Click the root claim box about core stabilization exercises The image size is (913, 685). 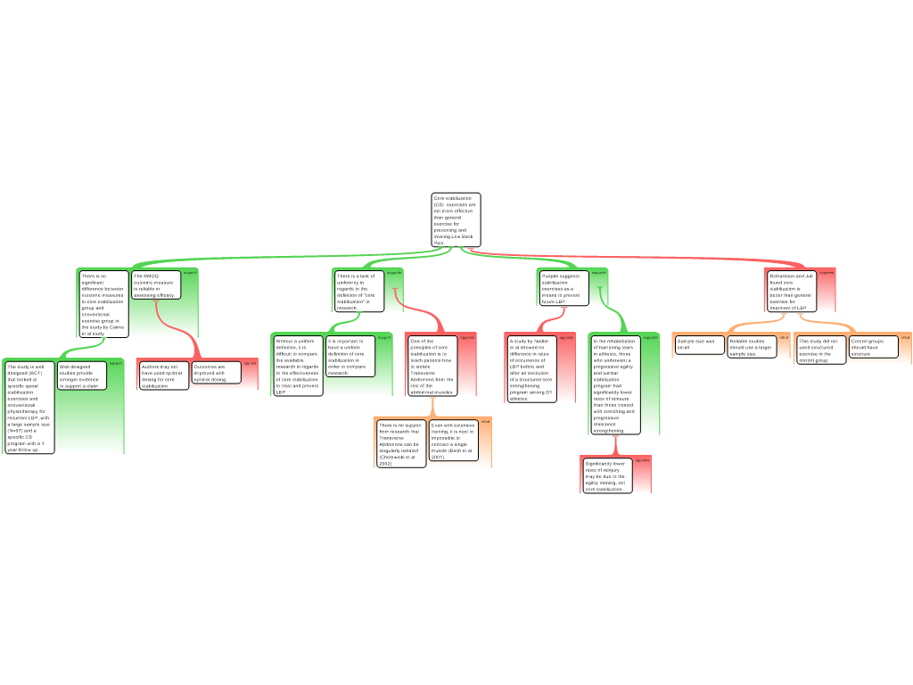pyautogui.click(x=456, y=219)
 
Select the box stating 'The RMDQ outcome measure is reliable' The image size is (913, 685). pyautogui.click(x=155, y=285)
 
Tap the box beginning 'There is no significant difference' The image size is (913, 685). pyautogui.click(x=103, y=304)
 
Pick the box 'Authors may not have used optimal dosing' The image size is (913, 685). pyautogui.click(x=163, y=375)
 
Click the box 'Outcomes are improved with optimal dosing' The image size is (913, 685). pyautogui.click(x=216, y=372)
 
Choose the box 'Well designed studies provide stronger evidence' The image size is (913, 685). pyautogui.click(x=81, y=376)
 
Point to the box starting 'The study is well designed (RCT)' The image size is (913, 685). pyautogui.click(x=29, y=408)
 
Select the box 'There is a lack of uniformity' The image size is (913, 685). pyautogui.click(x=359, y=291)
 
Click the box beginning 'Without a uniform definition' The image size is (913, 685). pyautogui.click(x=297, y=366)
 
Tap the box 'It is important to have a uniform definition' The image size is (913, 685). pyautogui.click(x=349, y=356)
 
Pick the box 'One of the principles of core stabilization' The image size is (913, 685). pyautogui.click(x=432, y=366)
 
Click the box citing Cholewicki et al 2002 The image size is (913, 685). pyautogui.click(x=400, y=443)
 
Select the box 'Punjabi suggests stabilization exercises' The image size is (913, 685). pyautogui.click(x=563, y=288)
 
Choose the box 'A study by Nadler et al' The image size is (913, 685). pyautogui.click(x=531, y=369)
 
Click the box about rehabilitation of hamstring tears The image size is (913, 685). pyautogui.click(x=614, y=385)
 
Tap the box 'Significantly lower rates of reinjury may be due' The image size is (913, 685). pyautogui.click(x=606, y=475)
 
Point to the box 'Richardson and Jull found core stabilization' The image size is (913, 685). pyautogui.click(x=791, y=292)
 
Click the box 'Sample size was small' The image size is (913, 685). pyautogui.click(x=699, y=344)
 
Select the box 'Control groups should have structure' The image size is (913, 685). pyautogui.click(x=873, y=347)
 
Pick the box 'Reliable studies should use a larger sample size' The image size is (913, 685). pyautogui.click(x=751, y=347)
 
